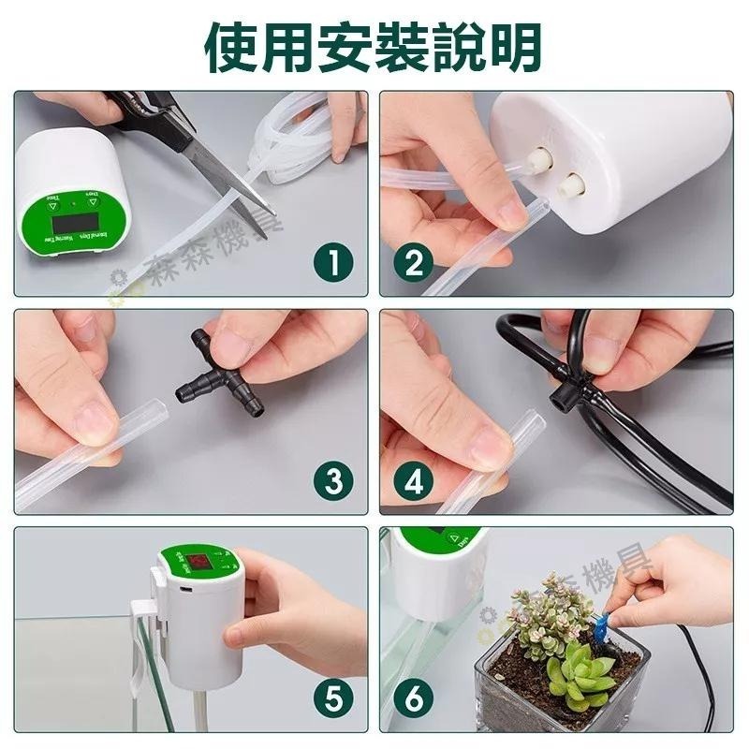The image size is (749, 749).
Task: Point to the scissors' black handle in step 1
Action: point(140,109)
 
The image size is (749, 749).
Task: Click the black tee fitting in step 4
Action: point(563,397)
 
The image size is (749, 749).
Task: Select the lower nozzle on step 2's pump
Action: point(568,184)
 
